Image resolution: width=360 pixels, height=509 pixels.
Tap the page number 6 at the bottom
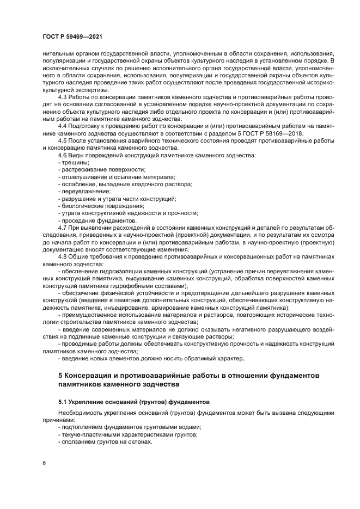[44, 463]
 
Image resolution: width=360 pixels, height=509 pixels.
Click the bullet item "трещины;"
[74, 163]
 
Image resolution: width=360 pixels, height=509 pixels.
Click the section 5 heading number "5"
[60, 376]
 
